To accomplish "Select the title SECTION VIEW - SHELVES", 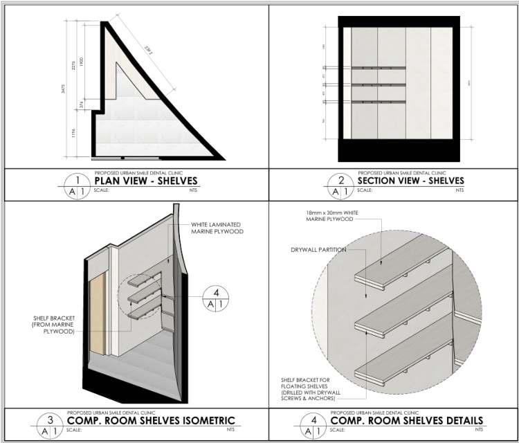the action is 410,181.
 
